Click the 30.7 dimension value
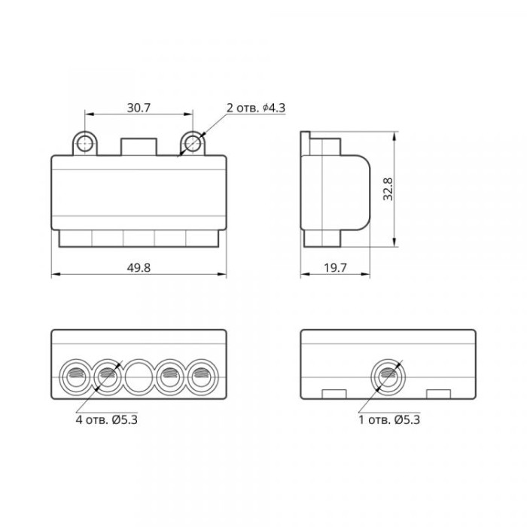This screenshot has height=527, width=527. coord(139,108)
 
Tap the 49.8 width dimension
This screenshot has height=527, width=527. coord(139,268)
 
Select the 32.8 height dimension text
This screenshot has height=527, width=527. coord(388,189)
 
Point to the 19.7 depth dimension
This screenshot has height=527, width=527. coord(335,268)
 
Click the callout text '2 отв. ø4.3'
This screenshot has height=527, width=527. coord(256,108)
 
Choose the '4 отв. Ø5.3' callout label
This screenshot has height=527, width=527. coord(107,420)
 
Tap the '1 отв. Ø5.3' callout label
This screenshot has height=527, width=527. coord(389,420)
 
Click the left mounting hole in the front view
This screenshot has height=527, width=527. coord(84,144)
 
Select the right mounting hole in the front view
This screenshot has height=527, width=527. coord(193,144)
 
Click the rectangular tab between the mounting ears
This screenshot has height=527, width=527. coord(139,147)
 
